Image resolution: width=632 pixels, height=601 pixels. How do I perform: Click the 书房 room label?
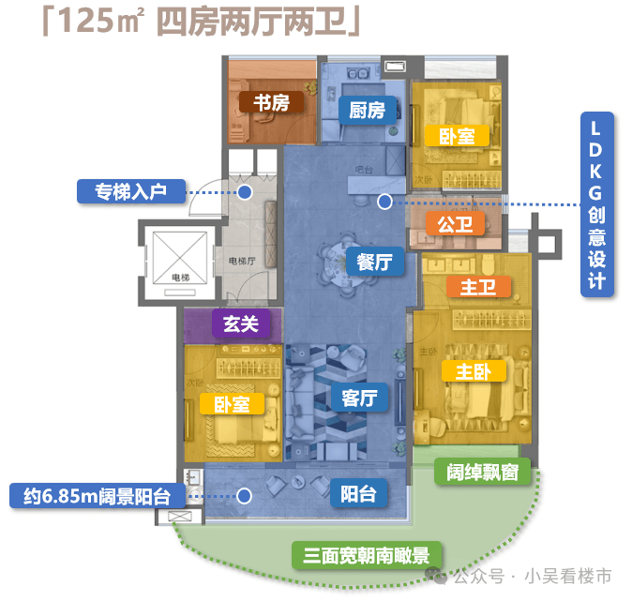(x=271, y=102)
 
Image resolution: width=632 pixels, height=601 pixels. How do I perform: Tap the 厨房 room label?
(x=367, y=110)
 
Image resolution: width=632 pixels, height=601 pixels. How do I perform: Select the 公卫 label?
(x=455, y=224)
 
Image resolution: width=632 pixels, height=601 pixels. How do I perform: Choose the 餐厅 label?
(x=374, y=262)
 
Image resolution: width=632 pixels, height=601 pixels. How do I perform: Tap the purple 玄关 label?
(x=240, y=324)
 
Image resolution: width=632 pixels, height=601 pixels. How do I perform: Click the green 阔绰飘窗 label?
(x=482, y=472)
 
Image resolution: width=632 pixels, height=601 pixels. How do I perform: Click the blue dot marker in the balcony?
(x=245, y=496)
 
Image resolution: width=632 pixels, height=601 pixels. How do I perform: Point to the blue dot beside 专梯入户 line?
(x=245, y=192)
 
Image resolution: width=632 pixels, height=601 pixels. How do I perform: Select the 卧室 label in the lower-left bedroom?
(x=232, y=405)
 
